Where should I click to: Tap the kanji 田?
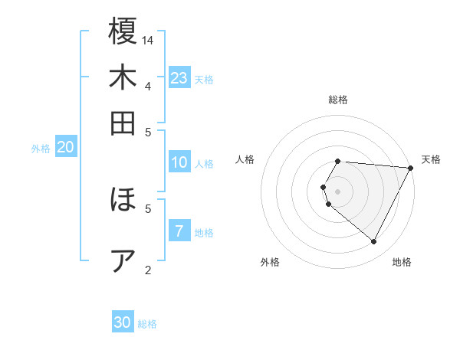(x=123, y=123)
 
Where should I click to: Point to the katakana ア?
(x=123, y=260)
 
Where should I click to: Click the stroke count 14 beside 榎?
(x=149, y=40)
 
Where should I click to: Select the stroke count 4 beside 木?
(x=148, y=86)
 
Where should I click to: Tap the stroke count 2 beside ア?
(x=148, y=269)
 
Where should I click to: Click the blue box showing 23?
(x=179, y=78)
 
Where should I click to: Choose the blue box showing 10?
(x=179, y=162)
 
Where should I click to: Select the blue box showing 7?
(x=179, y=231)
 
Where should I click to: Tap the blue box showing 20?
(x=65, y=148)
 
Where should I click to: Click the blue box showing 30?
(x=123, y=322)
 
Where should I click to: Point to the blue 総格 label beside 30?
(x=147, y=324)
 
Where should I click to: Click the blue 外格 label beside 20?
(x=41, y=149)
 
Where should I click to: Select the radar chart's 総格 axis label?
(x=338, y=100)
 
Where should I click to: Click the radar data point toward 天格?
(x=410, y=169)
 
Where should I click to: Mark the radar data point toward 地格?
(x=374, y=242)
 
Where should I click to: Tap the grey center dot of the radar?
(x=337, y=191)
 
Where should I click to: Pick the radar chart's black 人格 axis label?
(x=245, y=159)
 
